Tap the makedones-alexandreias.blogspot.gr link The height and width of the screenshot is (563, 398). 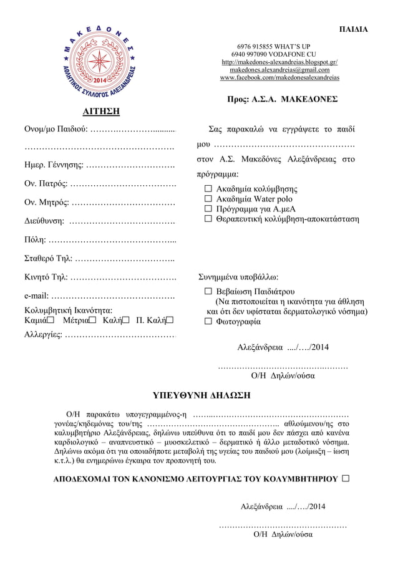[x=279, y=62]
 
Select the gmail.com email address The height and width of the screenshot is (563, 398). [x=279, y=70]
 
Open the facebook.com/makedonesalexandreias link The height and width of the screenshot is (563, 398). [x=279, y=77]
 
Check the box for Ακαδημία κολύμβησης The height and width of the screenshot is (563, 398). [x=209, y=189]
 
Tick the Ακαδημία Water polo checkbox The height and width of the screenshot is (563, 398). [x=209, y=199]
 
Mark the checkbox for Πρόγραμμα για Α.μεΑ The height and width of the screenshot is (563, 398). [x=209, y=209]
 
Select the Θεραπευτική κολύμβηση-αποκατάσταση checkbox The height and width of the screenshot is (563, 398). [x=209, y=219]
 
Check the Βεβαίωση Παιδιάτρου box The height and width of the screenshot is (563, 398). [x=209, y=292]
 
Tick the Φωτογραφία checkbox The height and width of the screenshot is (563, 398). [x=209, y=322]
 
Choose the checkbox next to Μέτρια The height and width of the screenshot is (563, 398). [x=92, y=320]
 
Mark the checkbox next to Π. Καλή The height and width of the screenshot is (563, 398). [x=170, y=320]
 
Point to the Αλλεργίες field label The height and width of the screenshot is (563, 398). [x=43, y=335]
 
